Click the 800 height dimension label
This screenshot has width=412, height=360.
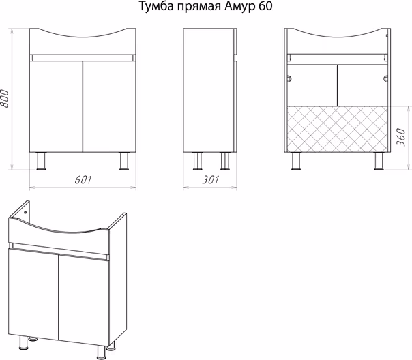[x=5, y=98]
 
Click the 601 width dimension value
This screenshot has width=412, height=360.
[x=83, y=180]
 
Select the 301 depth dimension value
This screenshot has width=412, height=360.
[x=210, y=180]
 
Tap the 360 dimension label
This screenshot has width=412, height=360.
[x=400, y=137]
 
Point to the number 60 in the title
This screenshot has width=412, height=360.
[x=265, y=7]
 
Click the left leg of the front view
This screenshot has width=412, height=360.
[x=41, y=161]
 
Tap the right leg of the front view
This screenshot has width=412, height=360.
[x=123, y=161]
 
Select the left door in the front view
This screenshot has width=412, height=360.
[x=56, y=106]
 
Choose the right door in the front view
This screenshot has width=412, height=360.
[x=109, y=106]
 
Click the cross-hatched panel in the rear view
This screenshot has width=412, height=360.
[x=338, y=129]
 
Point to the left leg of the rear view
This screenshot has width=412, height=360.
[x=296, y=161]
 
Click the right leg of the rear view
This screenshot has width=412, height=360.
[x=379, y=161]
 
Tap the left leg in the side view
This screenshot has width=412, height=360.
[x=198, y=161]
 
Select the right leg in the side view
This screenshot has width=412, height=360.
[x=225, y=161]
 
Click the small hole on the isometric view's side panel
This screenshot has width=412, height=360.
[x=25, y=212]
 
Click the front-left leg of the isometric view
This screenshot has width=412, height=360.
[x=23, y=342]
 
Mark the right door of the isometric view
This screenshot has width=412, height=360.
[x=83, y=299]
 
